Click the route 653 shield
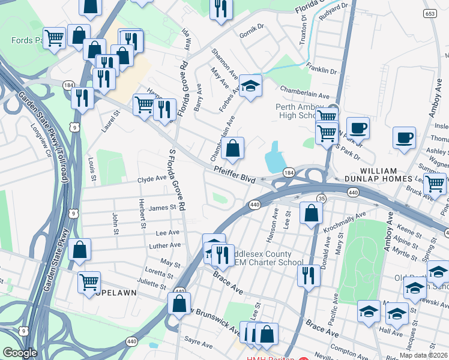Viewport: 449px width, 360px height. tap(430, 14)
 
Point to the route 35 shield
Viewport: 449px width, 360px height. tap(321, 198)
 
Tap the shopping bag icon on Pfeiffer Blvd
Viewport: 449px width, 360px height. tap(233, 148)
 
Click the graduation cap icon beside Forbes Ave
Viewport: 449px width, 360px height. tap(251, 85)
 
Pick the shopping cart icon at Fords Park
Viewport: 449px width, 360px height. tap(54, 38)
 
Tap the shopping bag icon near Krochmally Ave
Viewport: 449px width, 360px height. tap(311, 212)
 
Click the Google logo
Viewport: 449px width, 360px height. tap(20, 353)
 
